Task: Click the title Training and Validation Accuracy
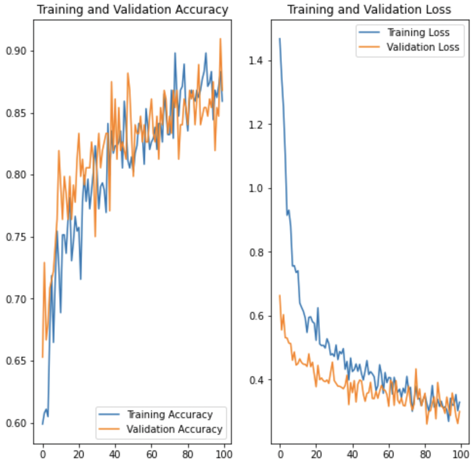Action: [132, 10]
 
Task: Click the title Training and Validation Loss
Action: [369, 10]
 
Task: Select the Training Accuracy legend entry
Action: [170, 415]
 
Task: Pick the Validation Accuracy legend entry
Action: [174, 429]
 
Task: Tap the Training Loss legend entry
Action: [418, 33]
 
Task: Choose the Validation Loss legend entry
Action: [422, 47]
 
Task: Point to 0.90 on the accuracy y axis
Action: [17, 51]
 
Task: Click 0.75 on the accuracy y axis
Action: [17, 237]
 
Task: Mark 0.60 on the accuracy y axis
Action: [17, 424]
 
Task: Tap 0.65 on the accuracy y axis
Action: [17, 361]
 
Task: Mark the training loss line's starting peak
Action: [280, 39]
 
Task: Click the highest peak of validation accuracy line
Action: [220, 39]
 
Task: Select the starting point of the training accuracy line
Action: [42, 424]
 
